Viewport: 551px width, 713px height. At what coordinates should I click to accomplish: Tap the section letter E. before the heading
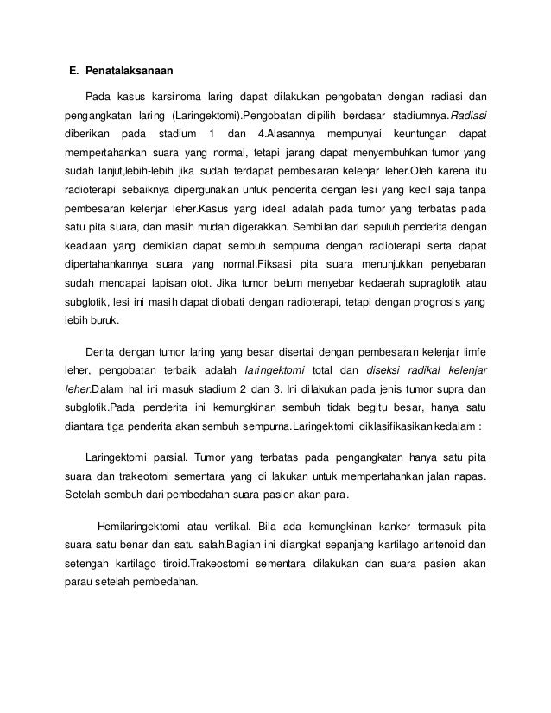point(74,69)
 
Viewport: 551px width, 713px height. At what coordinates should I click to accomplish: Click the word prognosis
point(440,300)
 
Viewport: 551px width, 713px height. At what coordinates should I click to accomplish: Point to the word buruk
point(107,321)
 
